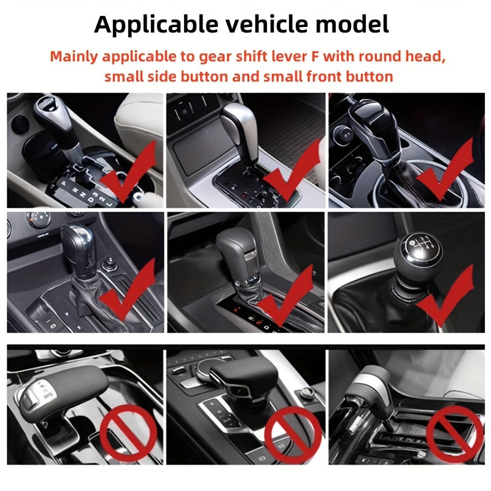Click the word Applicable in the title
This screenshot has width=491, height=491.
pyautogui.click(x=156, y=25)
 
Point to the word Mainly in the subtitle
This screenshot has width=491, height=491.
pyautogui.click(x=74, y=57)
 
